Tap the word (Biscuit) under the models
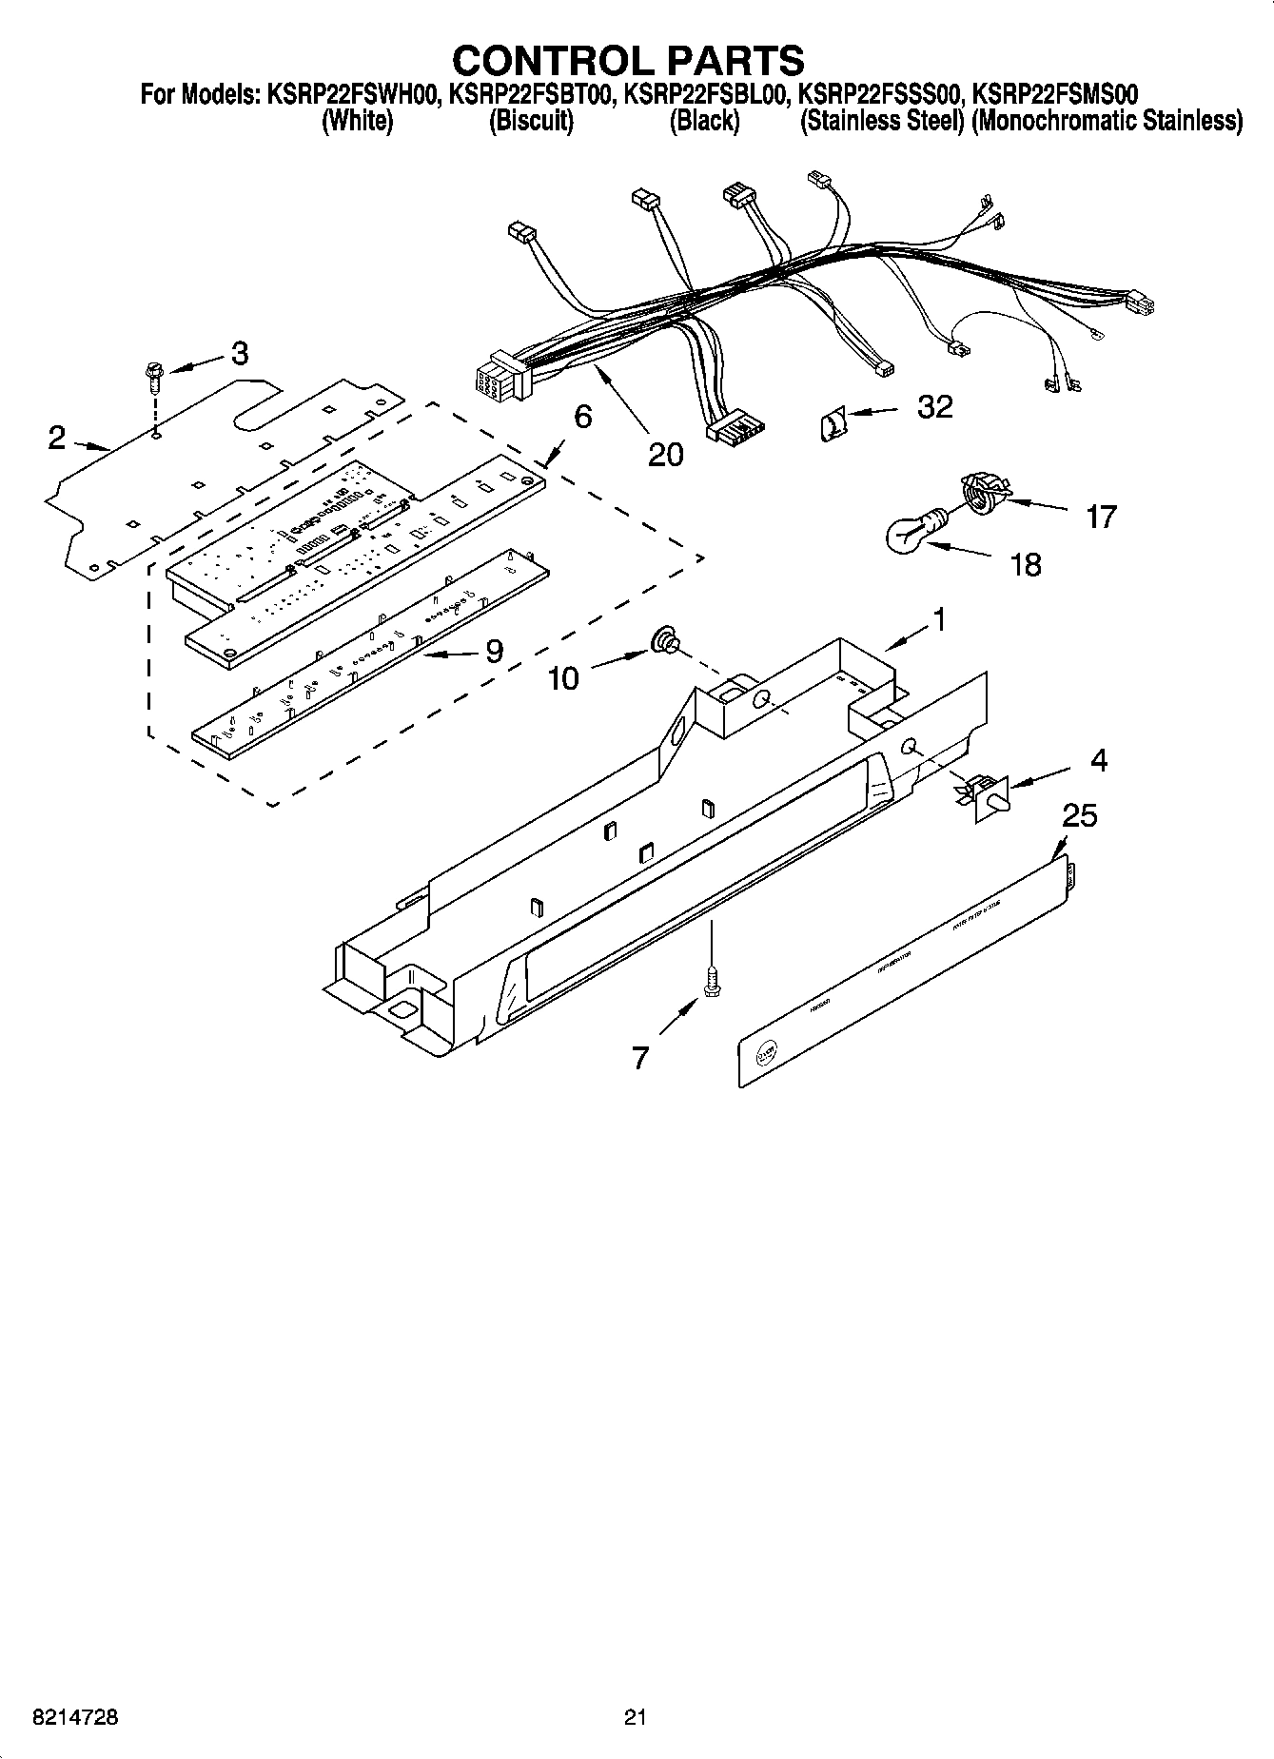[531, 121]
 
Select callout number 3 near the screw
[239, 353]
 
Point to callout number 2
[57, 438]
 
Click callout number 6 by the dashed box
[582, 416]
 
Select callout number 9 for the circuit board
[494, 651]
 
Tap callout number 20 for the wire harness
[665, 455]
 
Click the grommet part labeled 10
[665, 642]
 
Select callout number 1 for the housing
[939, 619]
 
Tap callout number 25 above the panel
[1080, 815]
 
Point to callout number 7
[640, 1058]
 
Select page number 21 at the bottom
[636, 1717]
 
